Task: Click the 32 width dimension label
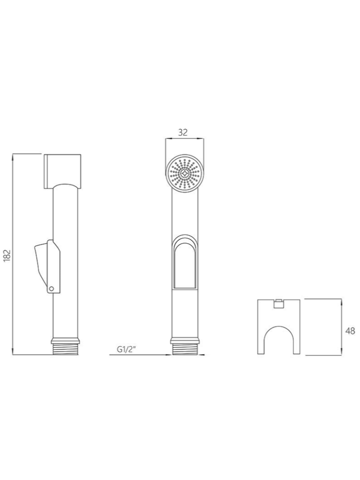click(183, 133)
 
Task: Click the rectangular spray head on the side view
click(63, 171)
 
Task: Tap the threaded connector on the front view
click(185, 349)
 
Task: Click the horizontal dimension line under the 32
click(185, 138)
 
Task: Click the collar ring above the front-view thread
click(185, 340)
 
